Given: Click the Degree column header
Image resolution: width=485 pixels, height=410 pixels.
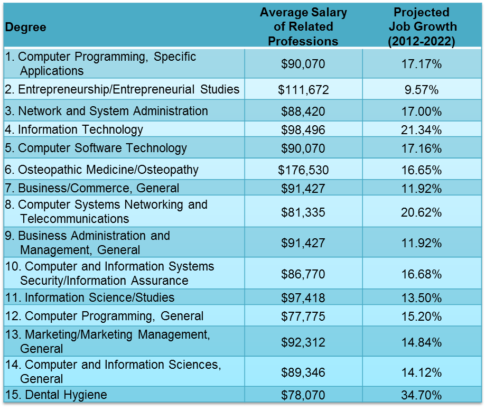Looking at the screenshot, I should pos(25,27).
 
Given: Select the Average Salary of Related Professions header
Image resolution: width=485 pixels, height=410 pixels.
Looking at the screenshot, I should pos(303,26).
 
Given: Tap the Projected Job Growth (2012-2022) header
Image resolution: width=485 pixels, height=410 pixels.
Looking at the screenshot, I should pos(421,26).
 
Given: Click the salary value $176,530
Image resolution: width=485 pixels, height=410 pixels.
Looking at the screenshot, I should pos(303,170).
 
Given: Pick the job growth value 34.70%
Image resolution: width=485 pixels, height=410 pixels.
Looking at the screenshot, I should pos(421,395).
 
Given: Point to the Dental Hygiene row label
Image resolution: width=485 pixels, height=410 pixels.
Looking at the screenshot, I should pos(56,395).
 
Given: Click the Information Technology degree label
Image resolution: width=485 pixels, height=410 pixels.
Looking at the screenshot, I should pos(74,129).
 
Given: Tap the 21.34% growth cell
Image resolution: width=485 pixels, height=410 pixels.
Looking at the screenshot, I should pos(421,130).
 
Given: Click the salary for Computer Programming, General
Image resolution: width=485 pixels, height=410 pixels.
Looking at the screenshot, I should pos(303,316).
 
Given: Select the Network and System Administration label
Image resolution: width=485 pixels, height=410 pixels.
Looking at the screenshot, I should pos(106,111).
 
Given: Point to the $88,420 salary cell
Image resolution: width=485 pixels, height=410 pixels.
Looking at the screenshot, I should pos(303,111).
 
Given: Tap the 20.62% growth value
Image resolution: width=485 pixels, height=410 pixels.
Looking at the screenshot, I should pos(421,212).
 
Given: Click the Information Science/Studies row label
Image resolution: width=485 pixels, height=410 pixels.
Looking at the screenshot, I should pos(90,297).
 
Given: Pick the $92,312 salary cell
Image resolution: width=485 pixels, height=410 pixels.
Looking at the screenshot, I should pos(303,342).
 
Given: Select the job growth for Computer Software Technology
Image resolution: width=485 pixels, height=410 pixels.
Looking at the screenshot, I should pos(421,148).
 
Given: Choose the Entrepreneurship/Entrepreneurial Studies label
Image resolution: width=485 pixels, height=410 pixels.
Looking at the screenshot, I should pos(122,89).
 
